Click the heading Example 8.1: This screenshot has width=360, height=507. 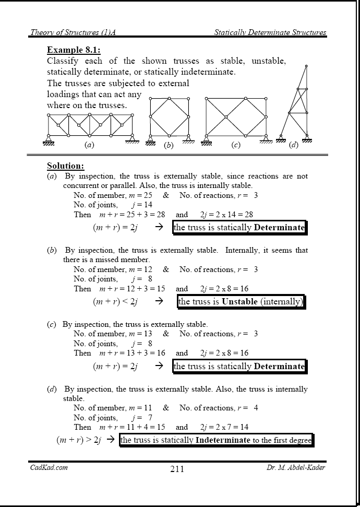[74, 50]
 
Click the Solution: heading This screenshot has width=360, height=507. [65, 166]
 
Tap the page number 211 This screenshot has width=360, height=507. [177, 468]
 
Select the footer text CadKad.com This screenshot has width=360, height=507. [49, 467]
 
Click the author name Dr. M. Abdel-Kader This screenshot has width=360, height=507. [295, 467]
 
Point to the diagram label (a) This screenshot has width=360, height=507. [89, 145]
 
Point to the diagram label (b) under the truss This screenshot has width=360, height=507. [168, 146]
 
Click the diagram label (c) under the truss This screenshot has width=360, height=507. [235, 145]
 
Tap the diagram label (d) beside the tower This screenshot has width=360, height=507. [294, 145]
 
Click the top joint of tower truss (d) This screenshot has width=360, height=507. [306, 66]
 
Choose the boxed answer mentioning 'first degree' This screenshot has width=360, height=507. [216, 440]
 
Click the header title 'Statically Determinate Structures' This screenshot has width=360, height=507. [270, 32]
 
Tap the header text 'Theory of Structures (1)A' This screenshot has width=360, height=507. [73, 32]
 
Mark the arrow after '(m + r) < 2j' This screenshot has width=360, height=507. [160, 301]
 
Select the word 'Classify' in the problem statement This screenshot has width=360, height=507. [63, 61]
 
